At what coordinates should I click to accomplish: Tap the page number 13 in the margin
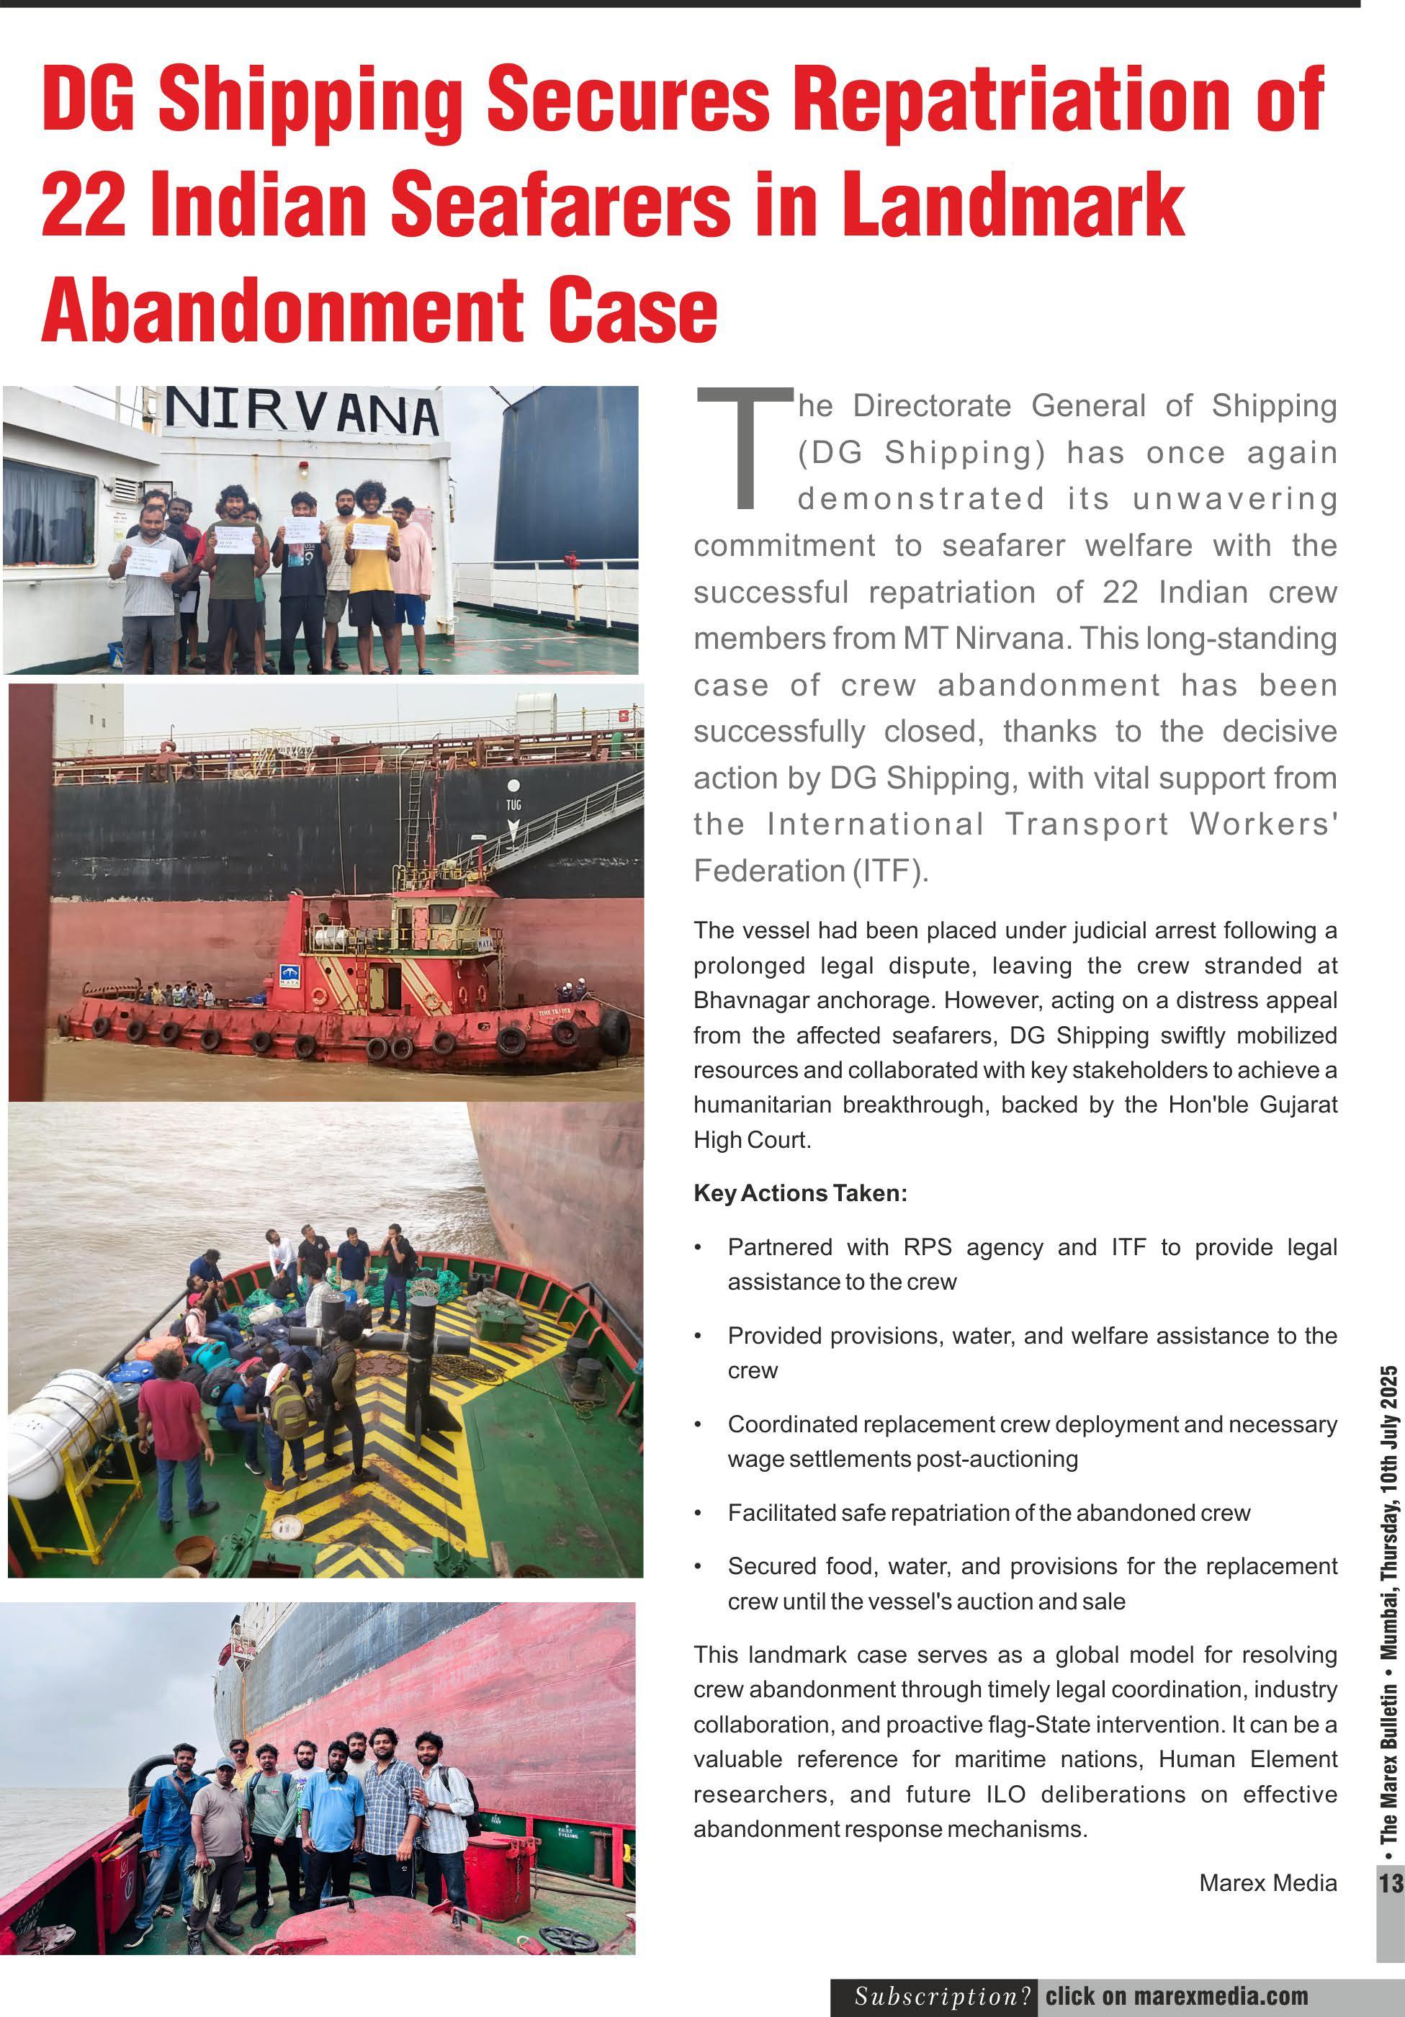(x=1391, y=1882)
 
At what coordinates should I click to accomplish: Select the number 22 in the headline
(x=84, y=205)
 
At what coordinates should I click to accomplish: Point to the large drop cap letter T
(x=743, y=448)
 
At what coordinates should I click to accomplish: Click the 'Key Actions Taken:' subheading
(x=799, y=1193)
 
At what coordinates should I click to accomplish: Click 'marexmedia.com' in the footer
(x=1224, y=1996)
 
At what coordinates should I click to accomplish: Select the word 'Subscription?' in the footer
(x=943, y=1996)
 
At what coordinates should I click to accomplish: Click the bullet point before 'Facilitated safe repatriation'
(x=698, y=1513)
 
